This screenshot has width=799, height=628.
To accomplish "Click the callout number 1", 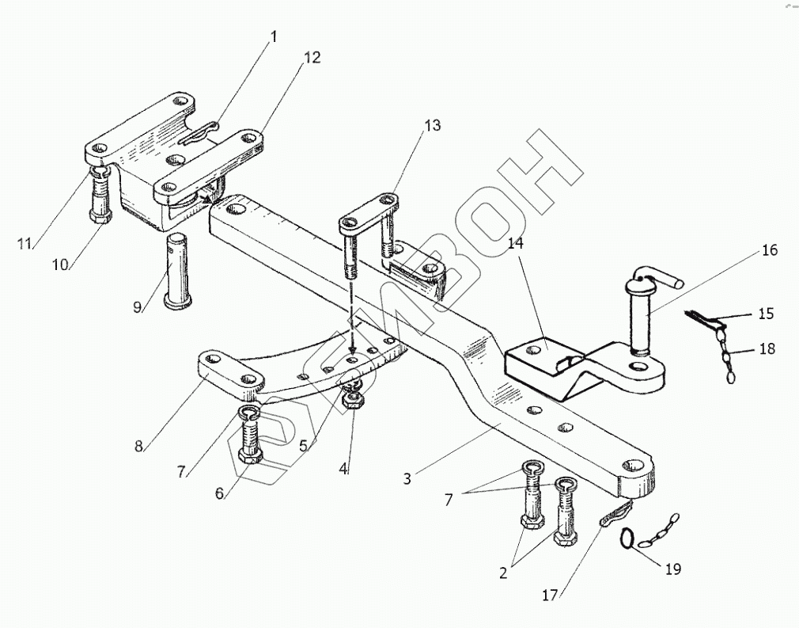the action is click(x=275, y=37).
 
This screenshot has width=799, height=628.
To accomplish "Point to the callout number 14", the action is click(x=516, y=245).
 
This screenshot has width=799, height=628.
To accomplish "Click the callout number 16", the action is click(x=770, y=250).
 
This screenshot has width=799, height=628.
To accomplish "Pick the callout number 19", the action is click(x=672, y=569).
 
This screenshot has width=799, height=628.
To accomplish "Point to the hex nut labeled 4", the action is click(x=351, y=401).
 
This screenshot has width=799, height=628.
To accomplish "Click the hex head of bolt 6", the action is click(x=251, y=457).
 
